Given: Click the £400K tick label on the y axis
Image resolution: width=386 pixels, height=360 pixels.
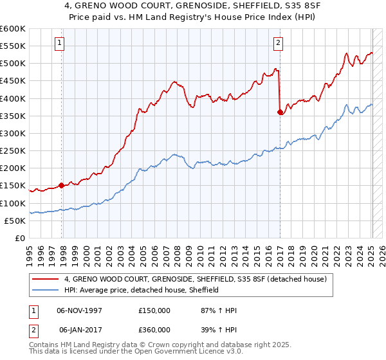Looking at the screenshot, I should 13,98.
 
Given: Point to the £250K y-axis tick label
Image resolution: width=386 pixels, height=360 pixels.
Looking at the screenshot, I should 13,150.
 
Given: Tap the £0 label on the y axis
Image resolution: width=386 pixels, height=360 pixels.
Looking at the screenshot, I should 19,238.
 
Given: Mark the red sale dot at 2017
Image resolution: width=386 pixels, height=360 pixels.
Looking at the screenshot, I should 280,112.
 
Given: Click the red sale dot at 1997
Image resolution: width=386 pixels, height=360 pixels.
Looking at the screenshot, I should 62,185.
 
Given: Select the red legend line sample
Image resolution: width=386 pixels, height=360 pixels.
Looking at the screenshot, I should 46,280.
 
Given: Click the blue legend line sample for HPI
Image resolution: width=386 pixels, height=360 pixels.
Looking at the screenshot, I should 46,291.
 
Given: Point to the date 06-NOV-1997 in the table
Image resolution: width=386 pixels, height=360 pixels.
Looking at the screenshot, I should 78,310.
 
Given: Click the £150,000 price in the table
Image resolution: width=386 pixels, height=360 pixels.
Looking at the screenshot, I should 154,310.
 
